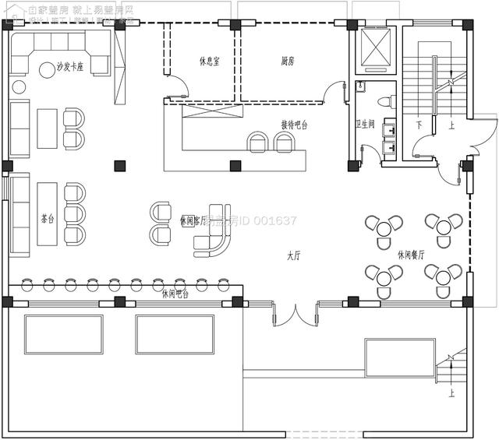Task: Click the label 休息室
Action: click(x=209, y=61)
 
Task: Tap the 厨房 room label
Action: click(x=288, y=61)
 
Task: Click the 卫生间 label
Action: click(x=366, y=124)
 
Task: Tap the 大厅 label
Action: click(x=294, y=255)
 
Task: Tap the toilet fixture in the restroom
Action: click(x=384, y=101)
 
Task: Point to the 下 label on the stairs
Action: click(x=419, y=125)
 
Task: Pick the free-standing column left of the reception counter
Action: click(x=119, y=165)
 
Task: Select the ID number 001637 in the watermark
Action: click(x=273, y=221)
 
